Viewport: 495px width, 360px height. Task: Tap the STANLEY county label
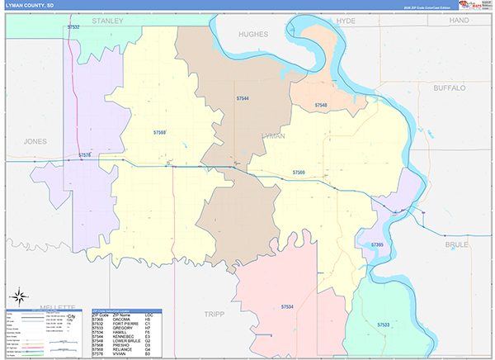coord(107,19)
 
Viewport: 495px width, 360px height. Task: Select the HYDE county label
coord(346,19)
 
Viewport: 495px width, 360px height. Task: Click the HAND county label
coord(459,19)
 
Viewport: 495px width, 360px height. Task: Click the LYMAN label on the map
coord(272,135)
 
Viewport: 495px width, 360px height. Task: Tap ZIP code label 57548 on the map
coord(319,105)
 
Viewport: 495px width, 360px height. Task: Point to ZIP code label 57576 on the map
coord(86,155)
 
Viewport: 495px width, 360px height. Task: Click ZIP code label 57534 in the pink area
coord(286,306)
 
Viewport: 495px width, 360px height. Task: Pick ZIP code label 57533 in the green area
coord(384,324)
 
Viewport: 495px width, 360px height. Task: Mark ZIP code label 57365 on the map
coord(378,245)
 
